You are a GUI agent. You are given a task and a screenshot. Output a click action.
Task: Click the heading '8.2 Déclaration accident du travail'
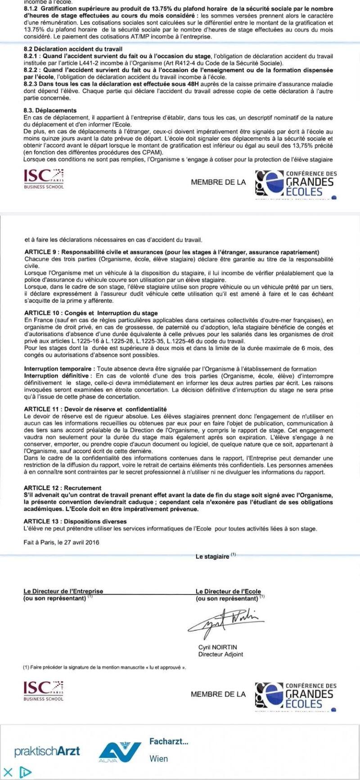pyautogui.click(x=73, y=49)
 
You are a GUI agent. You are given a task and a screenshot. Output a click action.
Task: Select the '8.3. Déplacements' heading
pyautogui.click(x=50, y=110)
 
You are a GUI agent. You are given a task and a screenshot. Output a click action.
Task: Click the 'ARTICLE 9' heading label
pyautogui.click(x=41, y=252)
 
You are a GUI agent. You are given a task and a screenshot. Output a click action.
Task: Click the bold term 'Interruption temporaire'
pyautogui.click(x=59, y=369)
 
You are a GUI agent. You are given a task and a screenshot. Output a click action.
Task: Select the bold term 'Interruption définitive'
pyautogui.click(x=58, y=376)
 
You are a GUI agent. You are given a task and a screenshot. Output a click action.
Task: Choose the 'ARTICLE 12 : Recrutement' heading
pyautogui.click(x=63, y=488)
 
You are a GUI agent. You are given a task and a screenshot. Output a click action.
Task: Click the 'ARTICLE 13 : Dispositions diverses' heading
pyautogui.click(x=75, y=521)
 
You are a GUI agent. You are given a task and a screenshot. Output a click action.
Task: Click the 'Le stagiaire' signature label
pyautogui.click(x=212, y=557)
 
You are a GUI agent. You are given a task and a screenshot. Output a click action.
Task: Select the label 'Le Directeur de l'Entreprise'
pyautogui.click(x=63, y=591)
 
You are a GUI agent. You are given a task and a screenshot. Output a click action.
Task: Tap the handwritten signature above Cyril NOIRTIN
pyautogui.click(x=225, y=622)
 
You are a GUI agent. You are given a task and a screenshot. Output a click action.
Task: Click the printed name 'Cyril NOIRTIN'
pyautogui.click(x=217, y=647)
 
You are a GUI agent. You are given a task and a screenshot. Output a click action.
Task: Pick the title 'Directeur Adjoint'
pyautogui.click(x=220, y=654)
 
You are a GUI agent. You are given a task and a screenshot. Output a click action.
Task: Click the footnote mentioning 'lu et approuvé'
pyautogui.click(x=104, y=667)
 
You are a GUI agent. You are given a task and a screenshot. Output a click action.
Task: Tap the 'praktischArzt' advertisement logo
pyautogui.click(x=47, y=751)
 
